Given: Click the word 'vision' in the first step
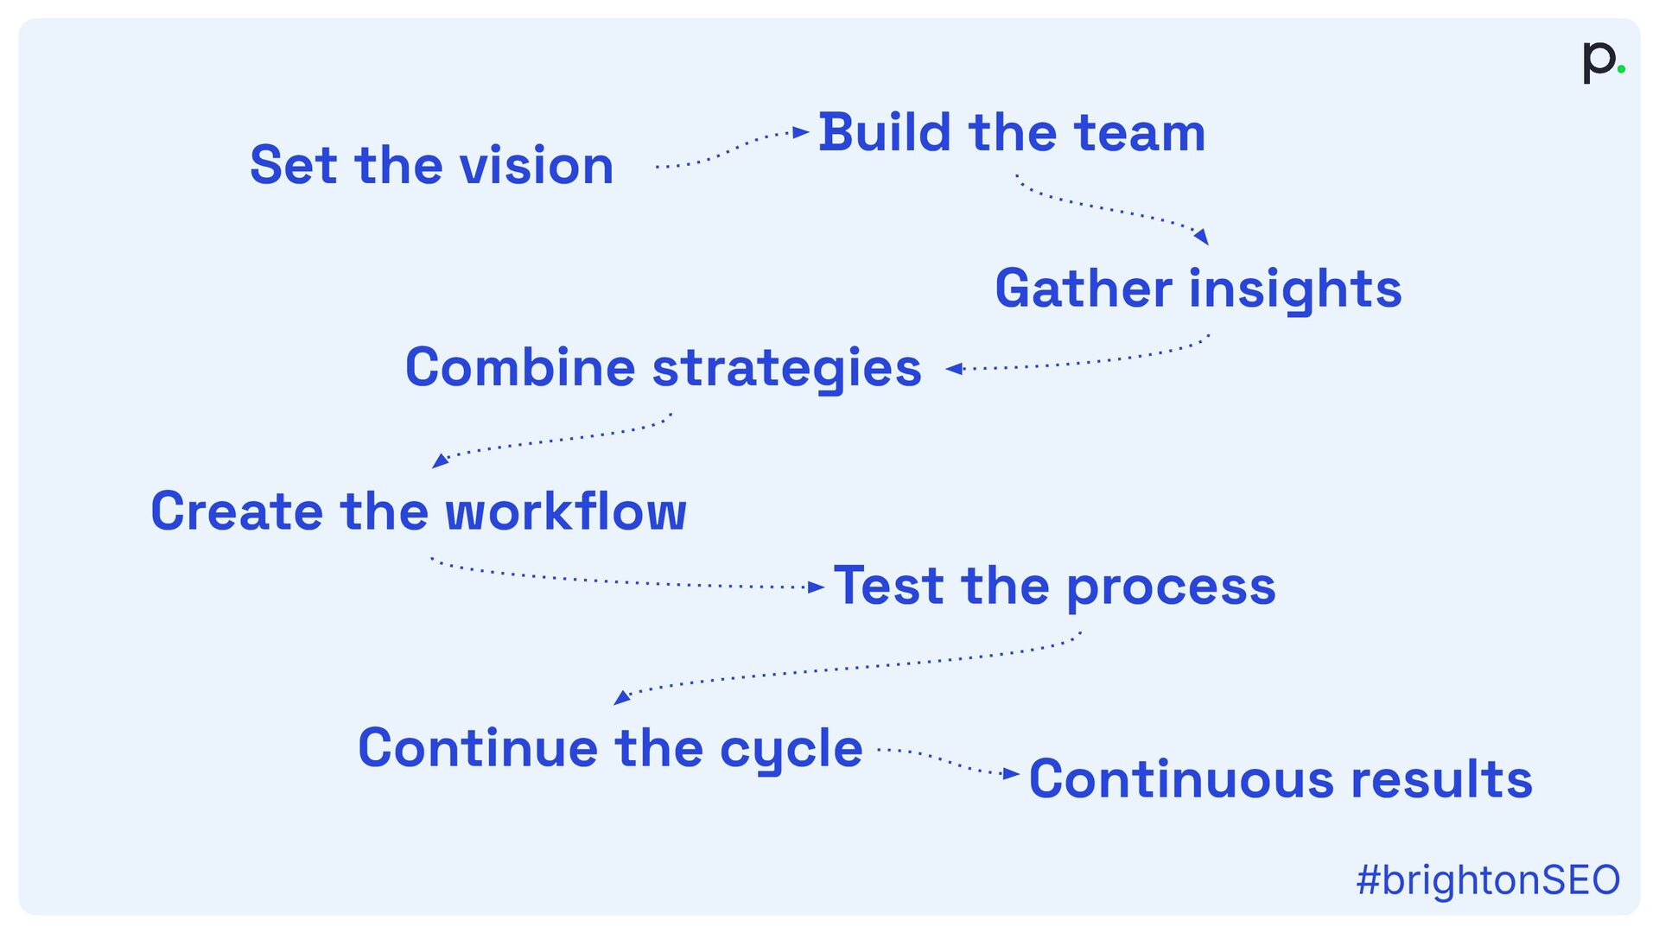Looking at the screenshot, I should [x=536, y=165].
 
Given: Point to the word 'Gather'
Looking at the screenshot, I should [x=1084, y=289].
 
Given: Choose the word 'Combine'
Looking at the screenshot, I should [x=520, y=367].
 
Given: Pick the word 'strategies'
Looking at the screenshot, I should [x=786, y=369].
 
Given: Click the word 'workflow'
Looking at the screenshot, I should [x=566, y=511].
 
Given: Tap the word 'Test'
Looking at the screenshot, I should [x=888, y=587].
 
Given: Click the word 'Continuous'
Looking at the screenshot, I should [x=1181, y=779].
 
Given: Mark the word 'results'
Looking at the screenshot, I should [x=1441, y=779].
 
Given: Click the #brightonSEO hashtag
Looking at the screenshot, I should [x=1488, y=880].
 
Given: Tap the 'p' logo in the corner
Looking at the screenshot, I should [x=1598, y=61].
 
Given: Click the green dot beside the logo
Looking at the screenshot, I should [x=1621, y=69].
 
